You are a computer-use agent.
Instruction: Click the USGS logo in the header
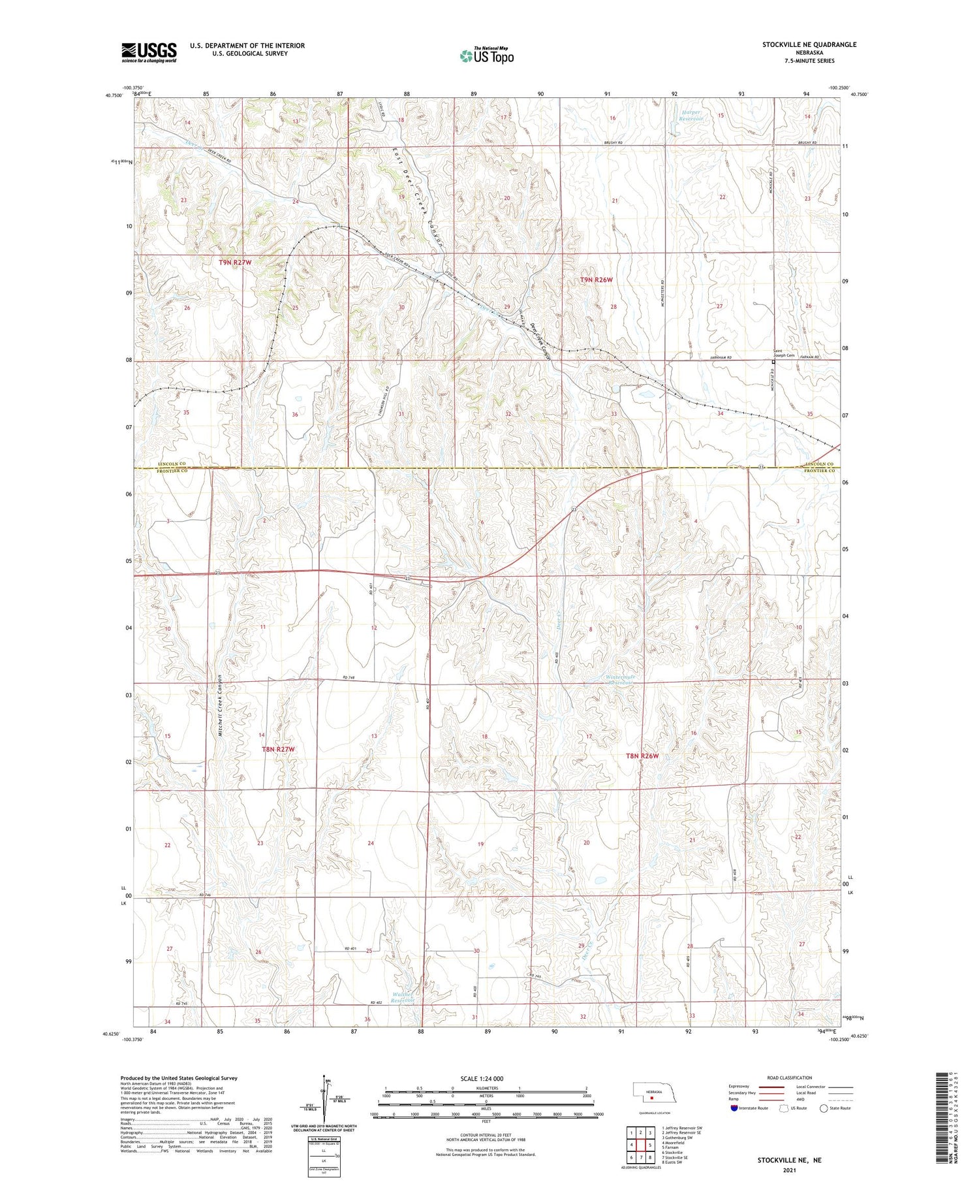[x=149, y=52]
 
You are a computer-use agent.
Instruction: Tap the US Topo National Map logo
[x=486, y=56]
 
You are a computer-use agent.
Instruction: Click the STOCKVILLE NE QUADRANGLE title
[x=809, y=44]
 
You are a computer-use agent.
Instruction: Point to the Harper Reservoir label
[x=691, y=116]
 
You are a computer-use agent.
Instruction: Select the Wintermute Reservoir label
[x=616, y=680]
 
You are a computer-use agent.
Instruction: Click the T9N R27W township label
[x=234, y=263]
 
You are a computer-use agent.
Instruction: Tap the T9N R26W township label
[x=597, y=280]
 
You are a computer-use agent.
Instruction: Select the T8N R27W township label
[x=279, y=749]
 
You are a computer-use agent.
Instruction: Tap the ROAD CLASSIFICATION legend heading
[x=790, y=1078]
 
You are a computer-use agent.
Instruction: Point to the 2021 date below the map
[x=789, y=1169]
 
